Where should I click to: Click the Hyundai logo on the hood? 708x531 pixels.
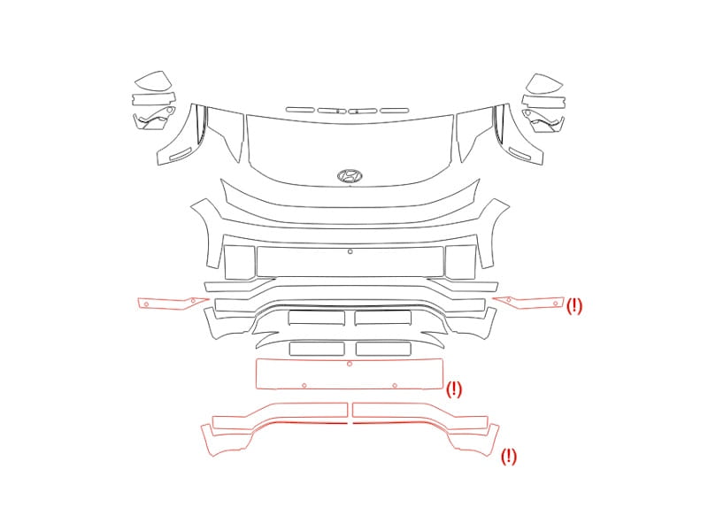[350, 175]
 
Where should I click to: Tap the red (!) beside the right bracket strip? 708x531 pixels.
[573, 305]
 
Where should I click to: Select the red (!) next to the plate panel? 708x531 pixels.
[454, 389]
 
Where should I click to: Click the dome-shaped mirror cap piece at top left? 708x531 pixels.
[153, 81]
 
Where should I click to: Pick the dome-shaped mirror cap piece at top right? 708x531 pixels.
[545, 84]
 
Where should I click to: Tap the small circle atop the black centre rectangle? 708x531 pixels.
[350, 251]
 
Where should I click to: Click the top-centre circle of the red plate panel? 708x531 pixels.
[350, 364]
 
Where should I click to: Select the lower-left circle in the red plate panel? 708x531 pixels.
[304, 385]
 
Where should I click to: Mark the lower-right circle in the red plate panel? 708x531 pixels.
[395, 385]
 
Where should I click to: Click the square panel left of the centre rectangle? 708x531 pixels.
[239, 262]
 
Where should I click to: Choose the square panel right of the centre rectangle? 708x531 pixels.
[460, 262]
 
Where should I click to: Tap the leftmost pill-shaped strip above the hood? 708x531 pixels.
[300, 109]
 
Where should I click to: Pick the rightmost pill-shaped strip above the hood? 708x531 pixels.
[394, 110]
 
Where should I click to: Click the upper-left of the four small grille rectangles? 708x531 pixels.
[317, 318]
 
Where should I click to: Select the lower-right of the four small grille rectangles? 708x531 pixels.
[383, 349]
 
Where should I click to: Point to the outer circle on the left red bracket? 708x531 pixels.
[146, 304]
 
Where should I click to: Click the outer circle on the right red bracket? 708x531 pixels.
[556, 304]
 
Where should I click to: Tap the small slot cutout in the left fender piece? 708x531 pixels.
[181, 153]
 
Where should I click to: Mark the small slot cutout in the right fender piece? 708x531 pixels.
[519, 153]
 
